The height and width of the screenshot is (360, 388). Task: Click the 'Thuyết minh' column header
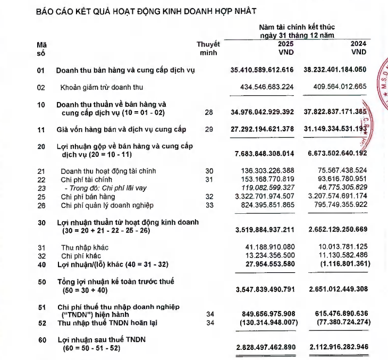[208, 49]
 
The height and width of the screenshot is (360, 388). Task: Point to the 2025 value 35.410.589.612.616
[262, 70]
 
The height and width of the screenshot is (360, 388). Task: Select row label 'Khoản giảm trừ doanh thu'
[102, 87]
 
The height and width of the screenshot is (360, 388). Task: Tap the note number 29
[208, 129]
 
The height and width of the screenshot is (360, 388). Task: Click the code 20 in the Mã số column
[41, 146]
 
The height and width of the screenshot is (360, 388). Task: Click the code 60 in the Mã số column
[41, 340]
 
